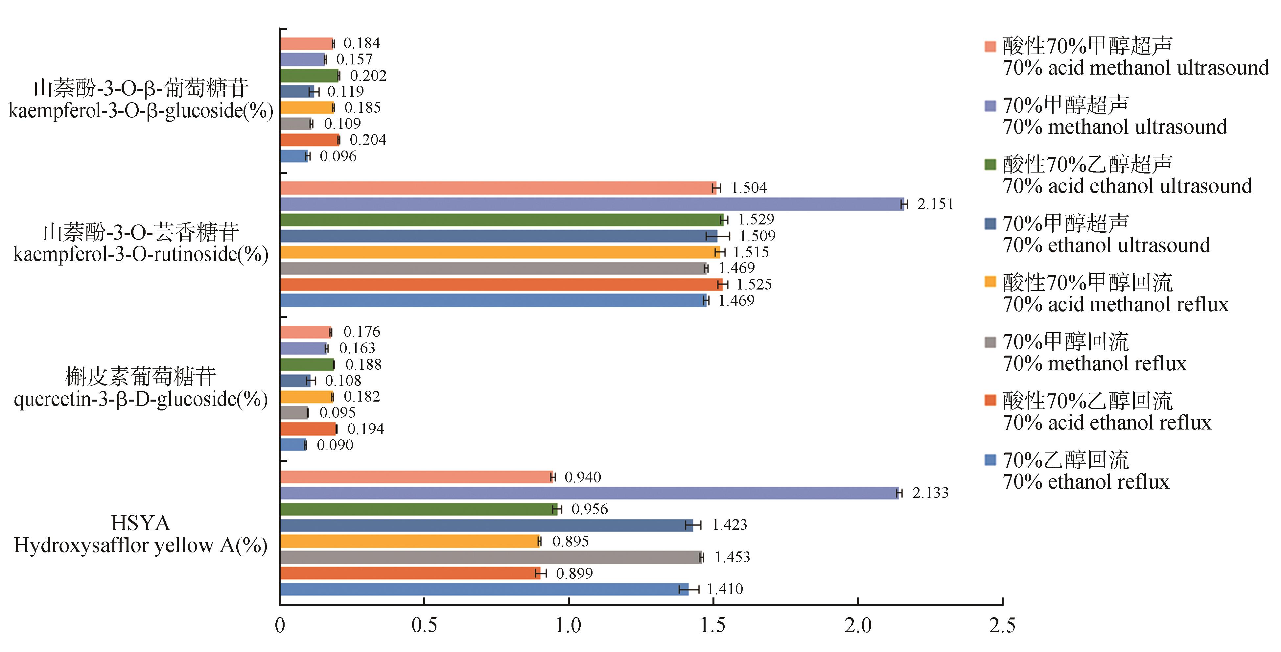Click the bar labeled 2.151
tap(592, 204)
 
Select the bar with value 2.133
tap(589, 493)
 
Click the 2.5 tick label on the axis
tap(1002, 625)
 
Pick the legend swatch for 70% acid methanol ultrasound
tap(990, 47)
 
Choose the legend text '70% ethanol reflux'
tap(1086, 482)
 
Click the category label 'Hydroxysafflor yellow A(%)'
tap(141, 546)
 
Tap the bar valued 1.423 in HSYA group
tap(486, 525)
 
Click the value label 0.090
tap(335, 445)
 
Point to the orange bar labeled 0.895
tap(410, 541)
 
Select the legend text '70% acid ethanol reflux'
tap(1107, 423)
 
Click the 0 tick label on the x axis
tap(280, 625)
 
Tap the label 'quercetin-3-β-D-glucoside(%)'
tap(141, 399)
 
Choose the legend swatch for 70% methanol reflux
tap(990, 343)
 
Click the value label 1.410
tap(725, 589)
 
